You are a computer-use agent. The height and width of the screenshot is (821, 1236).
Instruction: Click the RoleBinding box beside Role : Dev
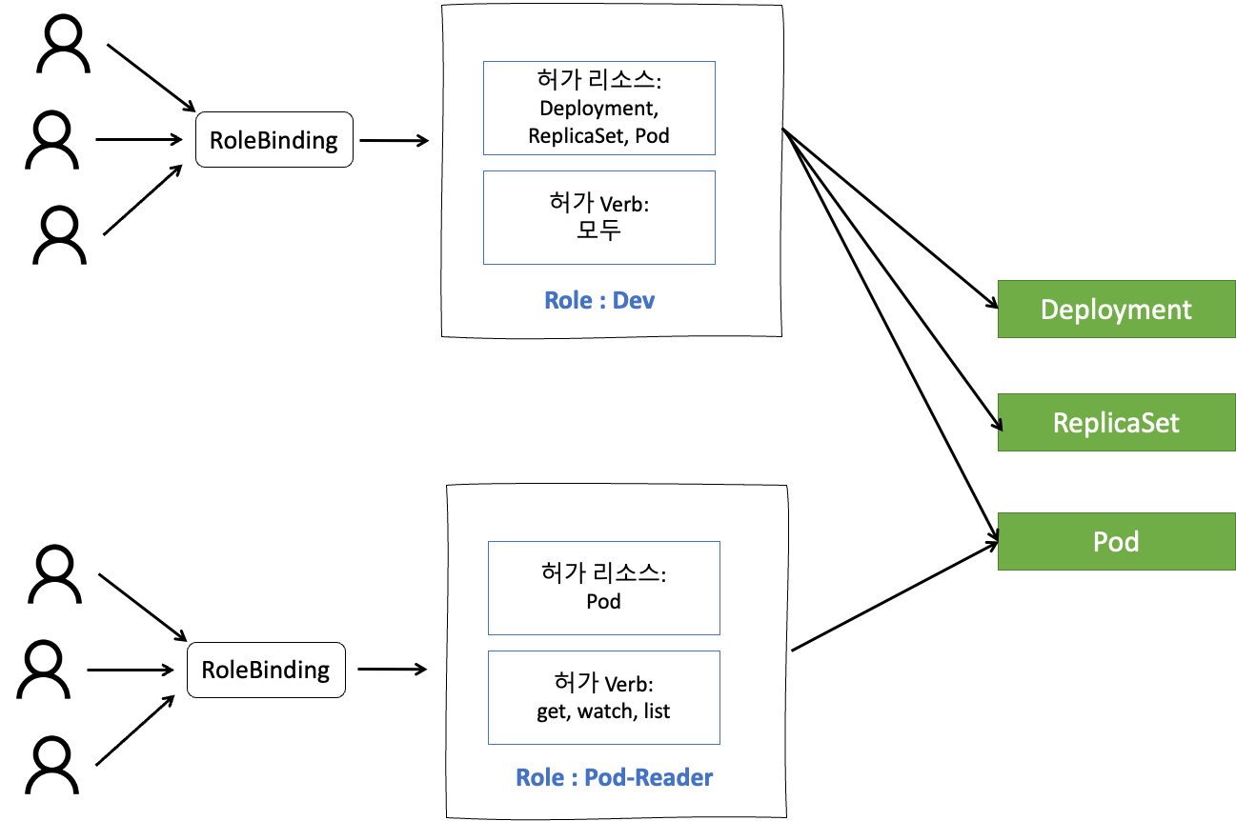coord(274,140)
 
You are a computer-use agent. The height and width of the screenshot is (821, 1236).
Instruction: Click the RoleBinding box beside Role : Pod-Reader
coord(266,670)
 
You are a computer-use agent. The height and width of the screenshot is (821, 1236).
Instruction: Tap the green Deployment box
coord(1116,310)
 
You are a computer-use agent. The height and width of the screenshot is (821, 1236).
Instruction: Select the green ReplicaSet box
coord(1116,423)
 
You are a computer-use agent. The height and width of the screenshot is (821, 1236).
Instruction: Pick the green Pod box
coord(1116,542)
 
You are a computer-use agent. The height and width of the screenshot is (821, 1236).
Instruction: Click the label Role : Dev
coord(599,300)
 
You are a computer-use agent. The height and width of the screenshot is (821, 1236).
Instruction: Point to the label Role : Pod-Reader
coord(614,777)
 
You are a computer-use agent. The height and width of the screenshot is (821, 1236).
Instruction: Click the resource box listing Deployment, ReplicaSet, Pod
coord(598,108)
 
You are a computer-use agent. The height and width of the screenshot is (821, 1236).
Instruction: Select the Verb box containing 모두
coord(598,217)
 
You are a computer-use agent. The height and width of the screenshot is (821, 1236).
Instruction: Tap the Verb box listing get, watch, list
coord(603,697)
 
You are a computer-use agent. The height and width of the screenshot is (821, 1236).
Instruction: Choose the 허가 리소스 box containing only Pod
coord(603,588)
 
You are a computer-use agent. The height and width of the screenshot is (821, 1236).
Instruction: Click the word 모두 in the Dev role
coord(598,230)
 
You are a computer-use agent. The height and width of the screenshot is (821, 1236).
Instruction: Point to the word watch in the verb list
coord(605,711)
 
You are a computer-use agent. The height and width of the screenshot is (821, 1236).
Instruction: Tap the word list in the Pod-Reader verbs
coord(657,711)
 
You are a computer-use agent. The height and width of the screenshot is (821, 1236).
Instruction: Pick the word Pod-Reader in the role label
coord(648,777)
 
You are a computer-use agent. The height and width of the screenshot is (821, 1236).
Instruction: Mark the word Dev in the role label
coord(634,300)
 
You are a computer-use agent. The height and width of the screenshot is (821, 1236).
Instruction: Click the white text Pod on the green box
coord(1116,542)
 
